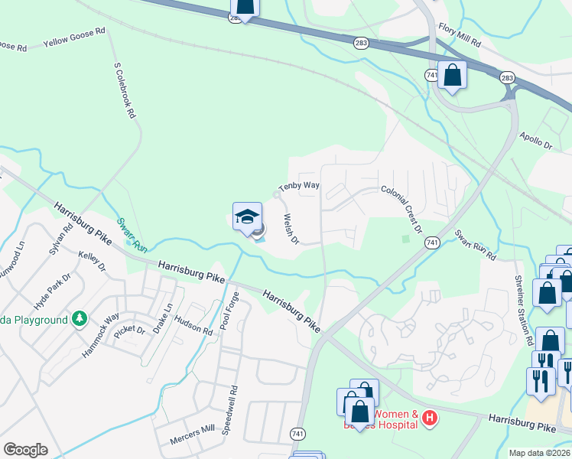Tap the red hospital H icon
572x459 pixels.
[x=430, y=417]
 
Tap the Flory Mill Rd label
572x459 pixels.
[x=459, y=32]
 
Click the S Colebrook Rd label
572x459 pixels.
[x=125, y=90]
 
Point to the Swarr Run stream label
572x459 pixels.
[x=132, y=236]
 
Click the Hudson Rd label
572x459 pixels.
[x=197, y=327]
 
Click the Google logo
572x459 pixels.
[x=26, y=449]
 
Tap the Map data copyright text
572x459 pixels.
[x=539, y=453]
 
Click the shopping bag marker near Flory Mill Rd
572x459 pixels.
[x=453, y=76]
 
